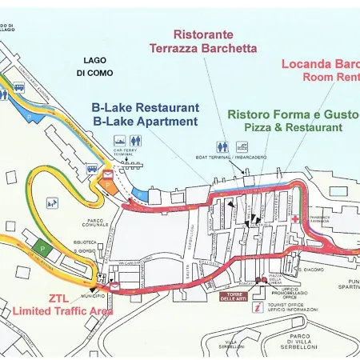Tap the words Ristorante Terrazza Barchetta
pyautogui.click(x=203, y=42)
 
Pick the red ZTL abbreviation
pyautogui.click(x=58, y=298)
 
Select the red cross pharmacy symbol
pyautogui.click(x=295, y=218)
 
